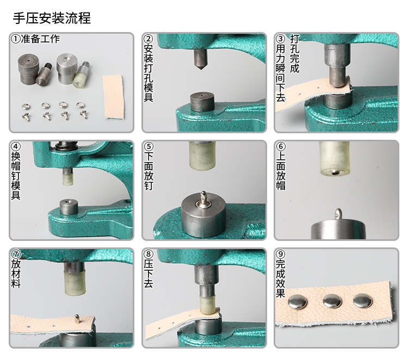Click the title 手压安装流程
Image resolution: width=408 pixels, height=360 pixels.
(52, 18)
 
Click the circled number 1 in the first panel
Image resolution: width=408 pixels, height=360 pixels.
(16, 39)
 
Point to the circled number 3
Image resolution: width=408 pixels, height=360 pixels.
(281, 39)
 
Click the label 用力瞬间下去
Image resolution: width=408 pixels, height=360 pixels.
(281, 73)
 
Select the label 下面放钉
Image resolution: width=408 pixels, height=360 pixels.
(149, 171)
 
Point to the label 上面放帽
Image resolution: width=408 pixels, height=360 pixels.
(281, 171)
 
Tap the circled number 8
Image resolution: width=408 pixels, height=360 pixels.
(149, 255)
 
